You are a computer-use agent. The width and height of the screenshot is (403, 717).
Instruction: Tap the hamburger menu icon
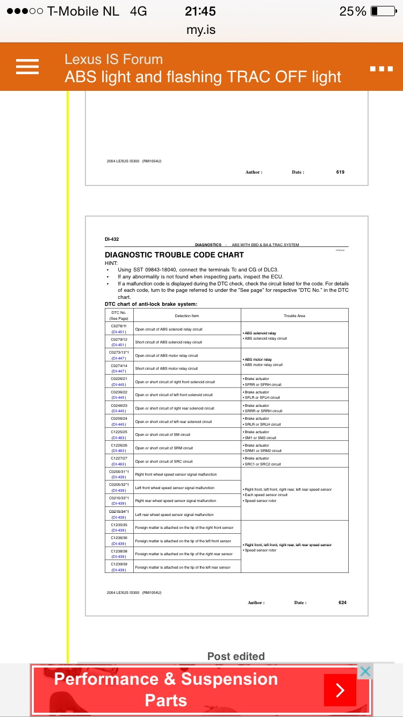point(27,67)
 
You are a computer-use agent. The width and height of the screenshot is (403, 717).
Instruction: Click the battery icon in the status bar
point(383,11)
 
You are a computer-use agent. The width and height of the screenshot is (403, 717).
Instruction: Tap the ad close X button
point(365,671)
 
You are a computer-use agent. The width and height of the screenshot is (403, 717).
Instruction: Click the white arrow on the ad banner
point(340,690)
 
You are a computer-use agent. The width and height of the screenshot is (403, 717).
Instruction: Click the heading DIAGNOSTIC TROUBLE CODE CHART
point(174,255)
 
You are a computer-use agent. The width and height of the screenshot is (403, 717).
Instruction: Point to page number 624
point(342,603)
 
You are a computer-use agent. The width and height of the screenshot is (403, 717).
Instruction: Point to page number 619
point(340,172)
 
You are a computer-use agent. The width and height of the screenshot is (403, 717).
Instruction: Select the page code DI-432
point(112,239)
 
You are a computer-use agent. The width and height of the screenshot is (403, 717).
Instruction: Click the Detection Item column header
point(187,316)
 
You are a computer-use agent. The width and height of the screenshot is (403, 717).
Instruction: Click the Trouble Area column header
point(294,316)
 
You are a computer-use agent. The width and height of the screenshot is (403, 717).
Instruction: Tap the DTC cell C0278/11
point(119,328)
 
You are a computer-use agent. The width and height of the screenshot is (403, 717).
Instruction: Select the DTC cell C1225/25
point(119,434)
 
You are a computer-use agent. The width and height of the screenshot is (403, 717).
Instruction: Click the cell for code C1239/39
point(119,567)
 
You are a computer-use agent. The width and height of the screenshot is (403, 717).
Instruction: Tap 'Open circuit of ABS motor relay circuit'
point(167,355)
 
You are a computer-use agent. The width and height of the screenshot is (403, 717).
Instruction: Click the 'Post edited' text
point(236,656)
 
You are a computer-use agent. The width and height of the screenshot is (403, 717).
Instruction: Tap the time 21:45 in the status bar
point(200,11)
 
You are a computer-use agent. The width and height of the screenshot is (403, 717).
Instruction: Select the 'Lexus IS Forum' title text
point(113,59)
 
